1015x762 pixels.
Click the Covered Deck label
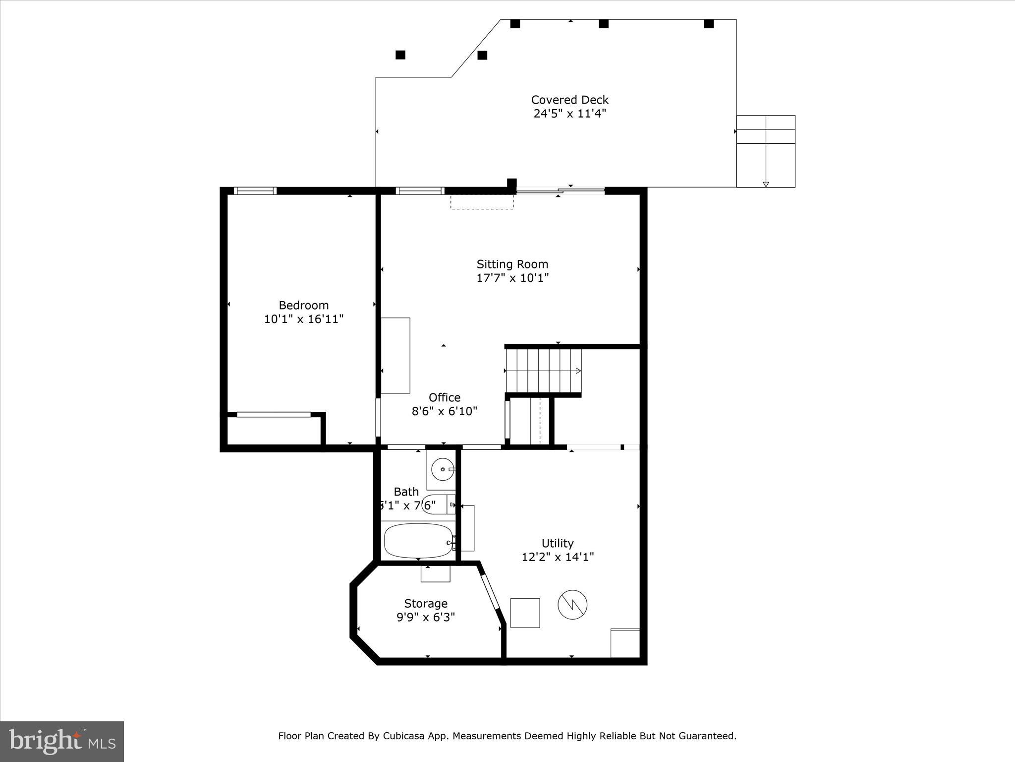569,100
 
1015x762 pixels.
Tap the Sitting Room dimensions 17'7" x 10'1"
512,278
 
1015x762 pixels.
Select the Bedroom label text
303,305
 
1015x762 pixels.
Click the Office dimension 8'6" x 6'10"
444,411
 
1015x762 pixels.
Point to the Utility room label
557,543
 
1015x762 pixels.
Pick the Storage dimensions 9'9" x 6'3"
425,617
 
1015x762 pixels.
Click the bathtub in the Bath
418,541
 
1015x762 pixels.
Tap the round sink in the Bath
441,469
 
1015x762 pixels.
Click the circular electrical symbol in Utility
572,604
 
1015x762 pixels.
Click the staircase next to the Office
543,371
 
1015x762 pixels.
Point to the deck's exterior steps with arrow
765,151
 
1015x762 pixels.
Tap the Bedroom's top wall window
255,191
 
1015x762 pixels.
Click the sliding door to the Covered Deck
560,190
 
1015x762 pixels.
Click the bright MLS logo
62,741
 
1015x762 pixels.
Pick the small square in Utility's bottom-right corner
625,643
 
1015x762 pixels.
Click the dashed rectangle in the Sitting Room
481,202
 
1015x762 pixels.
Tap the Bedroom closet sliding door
274,414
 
